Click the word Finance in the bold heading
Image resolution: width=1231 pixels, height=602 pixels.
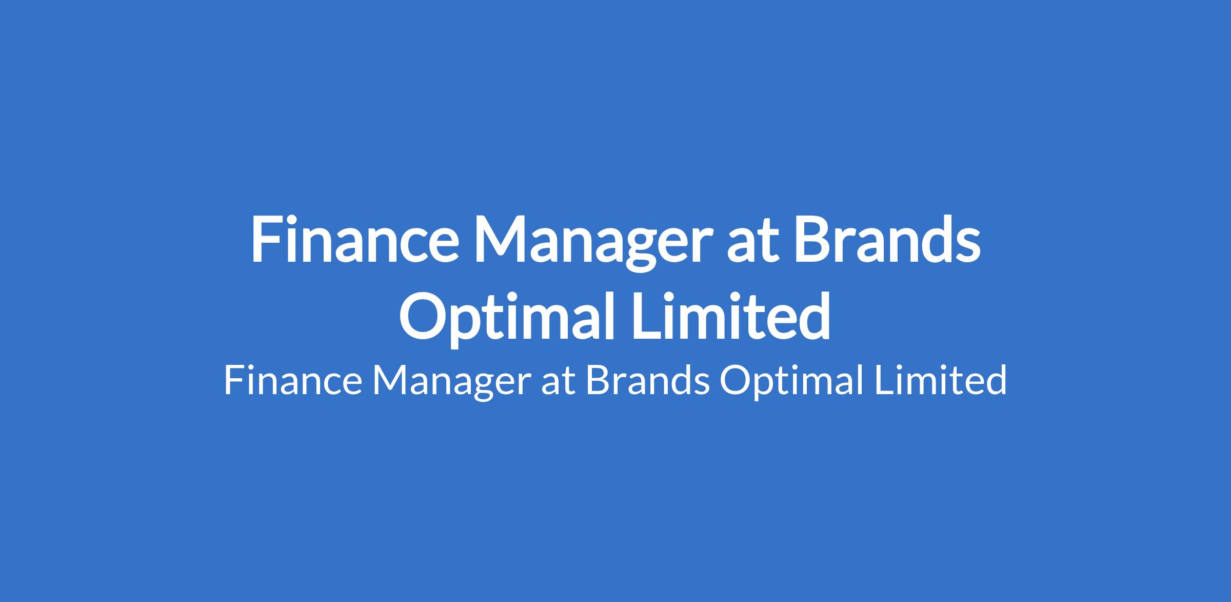[354, 240]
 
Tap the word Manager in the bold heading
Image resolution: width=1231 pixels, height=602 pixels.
[593, 246]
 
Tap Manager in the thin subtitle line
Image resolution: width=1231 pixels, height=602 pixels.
[449, 384]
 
